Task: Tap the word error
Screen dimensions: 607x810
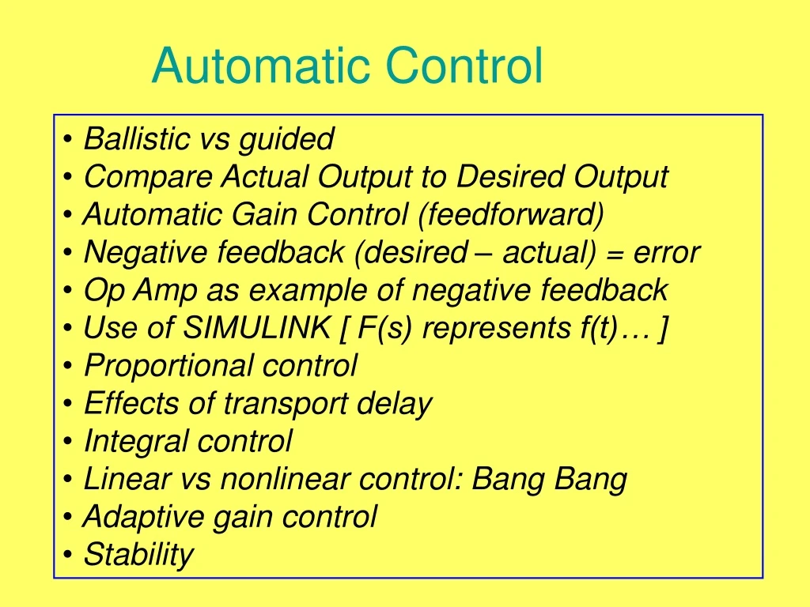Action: [x=667, y=253]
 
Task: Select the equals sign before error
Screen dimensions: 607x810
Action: [x=615, y=254]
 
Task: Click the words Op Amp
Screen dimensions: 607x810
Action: [x=140, y=291]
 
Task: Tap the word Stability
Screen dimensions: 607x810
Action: [x=138, y=555]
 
